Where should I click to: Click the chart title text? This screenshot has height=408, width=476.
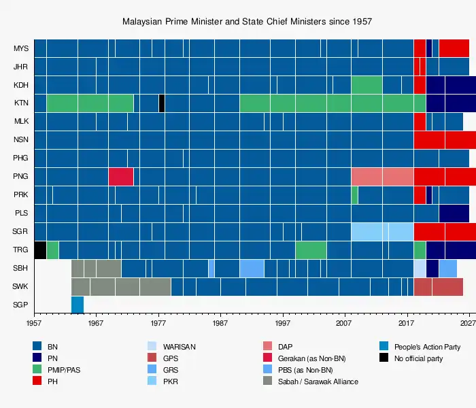point(247,22)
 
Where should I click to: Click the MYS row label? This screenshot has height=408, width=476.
point(21,49)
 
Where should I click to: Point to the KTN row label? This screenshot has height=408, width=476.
point(21,103)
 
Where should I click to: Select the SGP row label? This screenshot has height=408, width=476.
point(21,305)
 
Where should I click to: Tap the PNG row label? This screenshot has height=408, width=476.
point(21,177)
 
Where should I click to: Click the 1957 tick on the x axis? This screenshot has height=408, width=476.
point(34,323)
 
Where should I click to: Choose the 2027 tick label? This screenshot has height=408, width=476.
point(466,323)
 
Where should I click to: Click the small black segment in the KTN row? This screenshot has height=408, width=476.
point(162,103)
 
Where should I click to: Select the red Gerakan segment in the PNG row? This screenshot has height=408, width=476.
point(121,177)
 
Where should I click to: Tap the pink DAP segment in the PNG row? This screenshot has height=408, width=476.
point(382,177)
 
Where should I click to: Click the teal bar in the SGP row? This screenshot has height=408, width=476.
point(78,305)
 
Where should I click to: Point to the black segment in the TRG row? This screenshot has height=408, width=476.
point(40,250)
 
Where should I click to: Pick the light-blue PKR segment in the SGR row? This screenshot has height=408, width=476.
point(382,231)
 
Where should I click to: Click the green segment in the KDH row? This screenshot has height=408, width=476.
point(367,85)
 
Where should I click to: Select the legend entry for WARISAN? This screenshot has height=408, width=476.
point(180,347)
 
